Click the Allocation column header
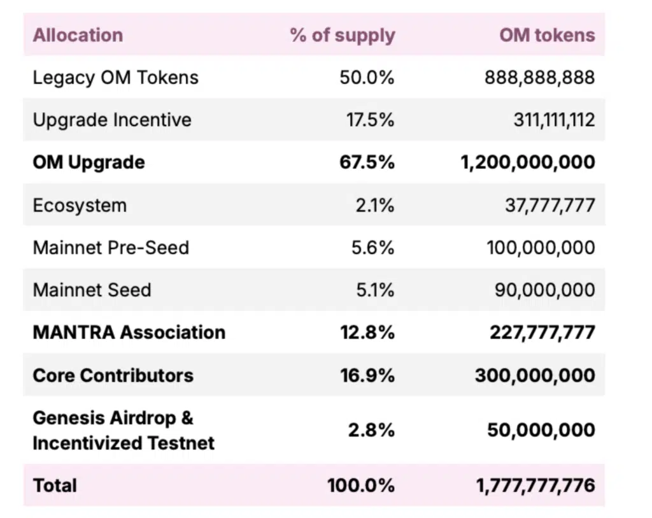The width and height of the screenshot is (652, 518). pos(78,34)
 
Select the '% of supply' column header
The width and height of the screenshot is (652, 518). pos(343,35)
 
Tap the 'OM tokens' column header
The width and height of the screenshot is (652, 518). pos(547,34)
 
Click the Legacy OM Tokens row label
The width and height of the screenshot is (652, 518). pos(115,78)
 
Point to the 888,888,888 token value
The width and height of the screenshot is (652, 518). pos(539,78)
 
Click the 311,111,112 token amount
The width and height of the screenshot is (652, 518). pos(554,120)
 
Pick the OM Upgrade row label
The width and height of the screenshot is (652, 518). pos(89,162)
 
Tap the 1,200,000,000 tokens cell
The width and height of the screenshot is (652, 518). pos(528,162)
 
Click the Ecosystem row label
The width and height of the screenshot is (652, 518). pos(80,205)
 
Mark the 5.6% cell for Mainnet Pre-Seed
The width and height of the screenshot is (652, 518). pos(373,247)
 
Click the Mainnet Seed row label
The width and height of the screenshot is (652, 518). pos(92,290)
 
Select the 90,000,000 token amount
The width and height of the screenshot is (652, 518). pos(544,290)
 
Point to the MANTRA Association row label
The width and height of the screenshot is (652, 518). pos(129,333)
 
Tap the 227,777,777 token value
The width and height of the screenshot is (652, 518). pos(542,333)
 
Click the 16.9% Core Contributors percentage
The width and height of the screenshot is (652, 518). pos(367,375)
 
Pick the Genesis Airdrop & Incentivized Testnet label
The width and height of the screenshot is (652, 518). pos(123,430)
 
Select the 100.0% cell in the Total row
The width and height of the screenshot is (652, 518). pos(361,486)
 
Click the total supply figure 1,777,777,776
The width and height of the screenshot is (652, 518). pos(535,486)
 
